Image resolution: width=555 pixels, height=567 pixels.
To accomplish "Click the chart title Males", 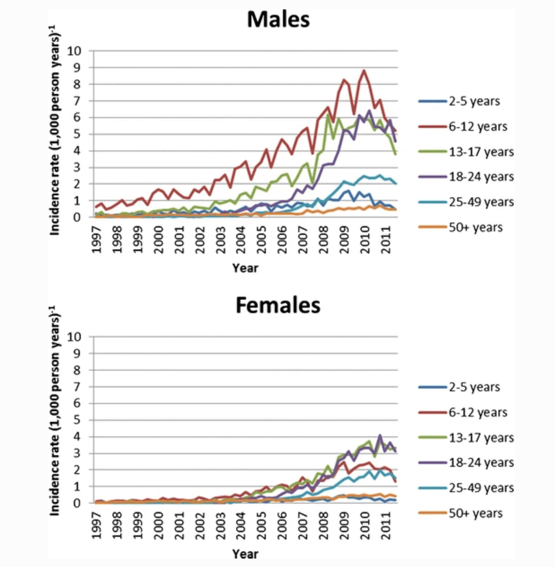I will tap(278, 19).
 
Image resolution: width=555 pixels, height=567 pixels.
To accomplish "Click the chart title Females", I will tap(277, 305).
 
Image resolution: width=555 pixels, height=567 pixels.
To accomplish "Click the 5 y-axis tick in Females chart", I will tap(78, 420).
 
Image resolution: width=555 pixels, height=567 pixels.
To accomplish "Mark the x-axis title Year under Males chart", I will tap(245, 268).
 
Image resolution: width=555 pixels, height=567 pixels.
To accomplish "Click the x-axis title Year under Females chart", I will tap(245, 554).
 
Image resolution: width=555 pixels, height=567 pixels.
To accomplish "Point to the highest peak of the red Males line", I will tap(364, 71).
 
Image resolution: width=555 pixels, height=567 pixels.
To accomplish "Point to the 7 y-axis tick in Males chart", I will tap(78, 101).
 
